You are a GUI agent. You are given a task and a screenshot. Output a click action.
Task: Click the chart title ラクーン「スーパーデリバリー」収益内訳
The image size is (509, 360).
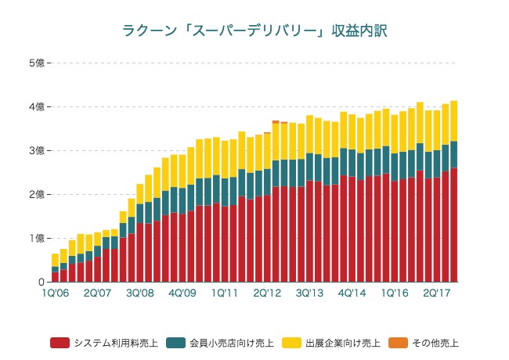click(254, 31)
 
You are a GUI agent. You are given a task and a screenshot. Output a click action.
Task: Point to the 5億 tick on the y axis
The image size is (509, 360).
click(36, 63)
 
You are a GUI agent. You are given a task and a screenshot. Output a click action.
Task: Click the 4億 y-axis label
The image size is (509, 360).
click(36, 106)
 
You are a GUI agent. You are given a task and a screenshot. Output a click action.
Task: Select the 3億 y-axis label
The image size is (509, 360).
click(36, 150)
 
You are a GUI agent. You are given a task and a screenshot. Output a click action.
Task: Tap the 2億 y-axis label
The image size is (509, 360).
click(36, 194)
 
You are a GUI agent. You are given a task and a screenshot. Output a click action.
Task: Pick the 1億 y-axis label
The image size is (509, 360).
click(36, 238)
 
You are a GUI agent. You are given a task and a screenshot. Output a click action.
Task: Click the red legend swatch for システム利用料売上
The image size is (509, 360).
click(60, 343)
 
